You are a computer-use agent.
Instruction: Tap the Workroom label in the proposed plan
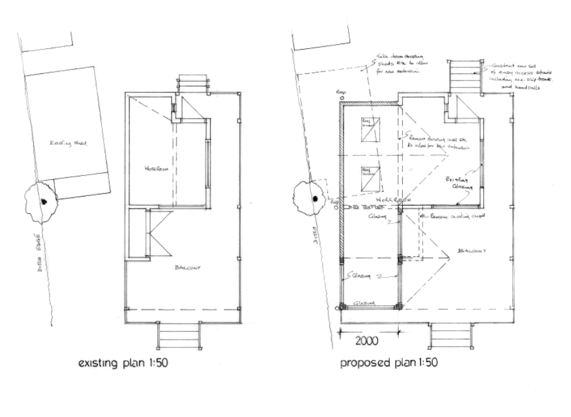click(390, 200)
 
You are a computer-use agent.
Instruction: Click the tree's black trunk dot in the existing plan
click(44, 201)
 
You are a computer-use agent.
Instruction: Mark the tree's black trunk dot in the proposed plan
click(315, 199)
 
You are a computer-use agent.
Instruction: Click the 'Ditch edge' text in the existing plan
click(36, 254)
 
